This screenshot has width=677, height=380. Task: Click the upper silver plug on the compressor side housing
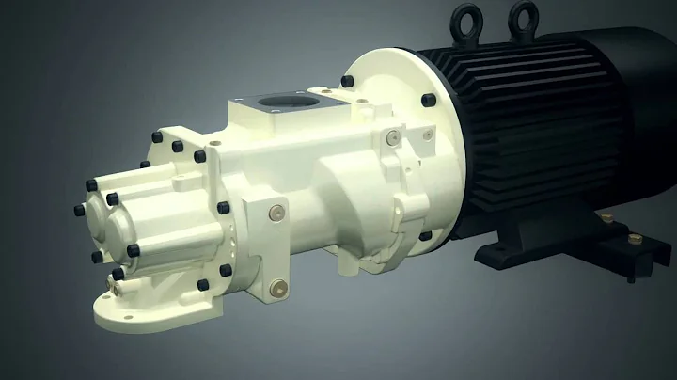pyautogui.click(x=275, y=211)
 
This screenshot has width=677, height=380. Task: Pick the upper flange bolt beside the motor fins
pyautogui.click(x=428, y=100)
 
